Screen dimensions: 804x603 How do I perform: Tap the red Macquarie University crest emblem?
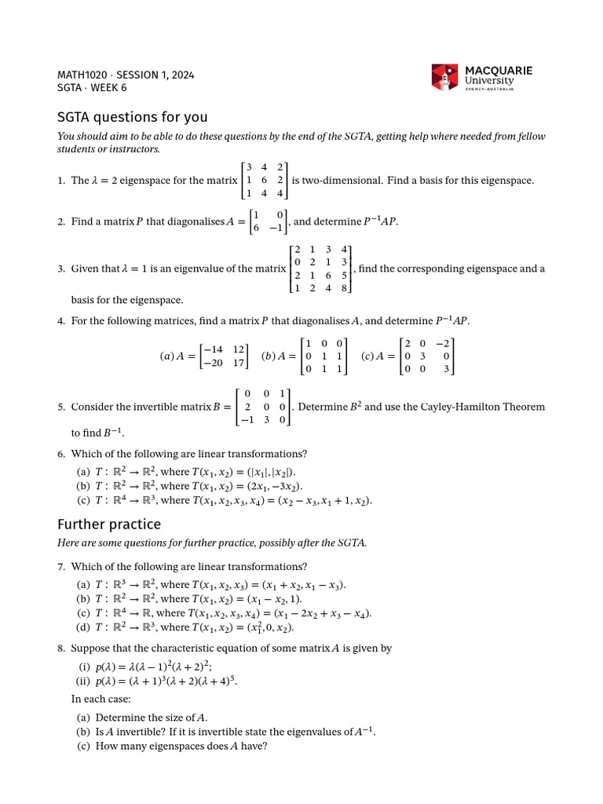(x=444, y=77)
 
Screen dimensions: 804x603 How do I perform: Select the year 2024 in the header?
(x=182, y=75)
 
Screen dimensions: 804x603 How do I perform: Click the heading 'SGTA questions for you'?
(x=132, y=117)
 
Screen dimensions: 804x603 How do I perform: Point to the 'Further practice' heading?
(x=109, y=524)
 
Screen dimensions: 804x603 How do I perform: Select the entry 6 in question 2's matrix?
(x=257, y=228)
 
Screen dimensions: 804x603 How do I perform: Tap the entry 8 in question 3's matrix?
(x=344, y=287)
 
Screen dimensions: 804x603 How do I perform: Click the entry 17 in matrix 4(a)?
(x=240, y=363)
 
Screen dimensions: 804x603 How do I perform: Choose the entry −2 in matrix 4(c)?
(x=445, y=343)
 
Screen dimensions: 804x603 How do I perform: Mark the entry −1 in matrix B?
(x=247, y=420)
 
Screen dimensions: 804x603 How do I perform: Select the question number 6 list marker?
(x=60, y=454)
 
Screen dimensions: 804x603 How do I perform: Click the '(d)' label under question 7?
(x=82, y=627)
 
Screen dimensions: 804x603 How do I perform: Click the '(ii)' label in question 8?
(x=83, y=681)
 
